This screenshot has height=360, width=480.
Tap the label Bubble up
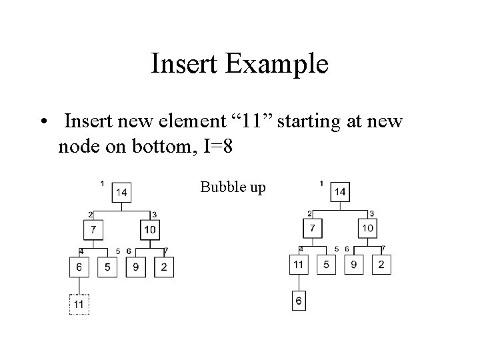233,187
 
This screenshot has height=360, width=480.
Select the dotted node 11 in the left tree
79,304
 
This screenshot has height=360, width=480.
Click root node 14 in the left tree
121,193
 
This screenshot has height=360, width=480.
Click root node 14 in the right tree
339,192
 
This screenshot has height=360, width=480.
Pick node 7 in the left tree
93,230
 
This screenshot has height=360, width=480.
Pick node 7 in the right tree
312,229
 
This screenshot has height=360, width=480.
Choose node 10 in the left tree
150,230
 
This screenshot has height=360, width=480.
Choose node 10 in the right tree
367,229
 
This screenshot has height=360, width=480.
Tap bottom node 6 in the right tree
299,301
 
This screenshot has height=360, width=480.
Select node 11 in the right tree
298,264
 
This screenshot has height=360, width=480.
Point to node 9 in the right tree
353,264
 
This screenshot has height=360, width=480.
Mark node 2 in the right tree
381,264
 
